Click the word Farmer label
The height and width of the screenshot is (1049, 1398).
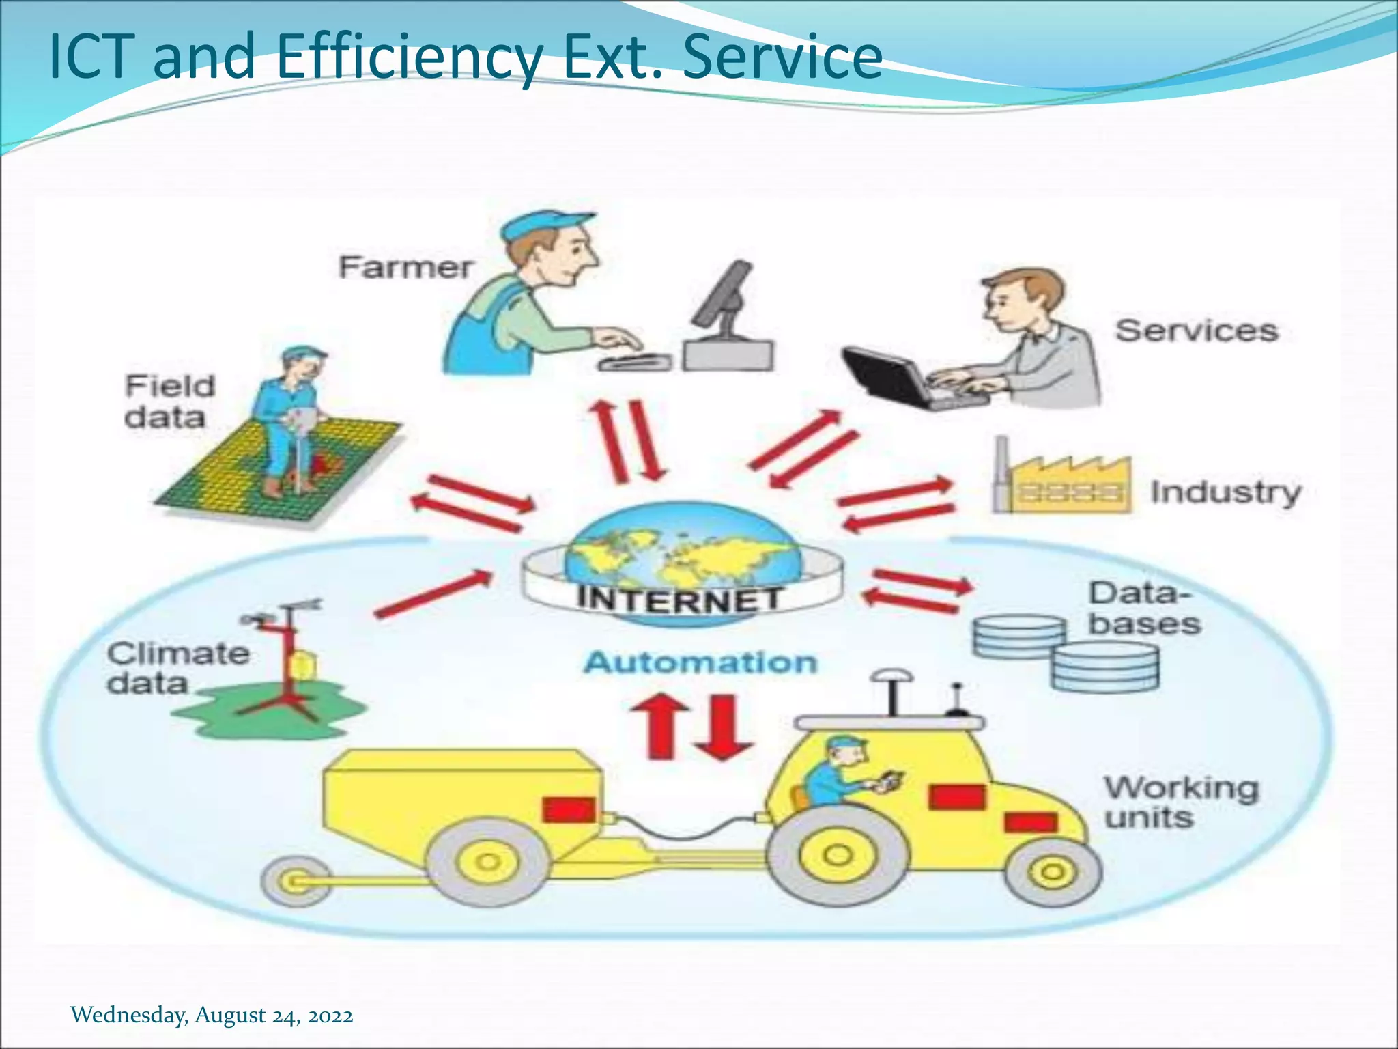click(x=405, y=267)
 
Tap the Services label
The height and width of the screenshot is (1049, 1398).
click(x=1196, y=331)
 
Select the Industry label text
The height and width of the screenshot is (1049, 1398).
click(x=1226, y=492)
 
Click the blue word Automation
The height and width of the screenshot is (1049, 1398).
click(x=700, y=662)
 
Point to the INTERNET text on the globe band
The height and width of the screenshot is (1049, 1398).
click(x=680, y=599)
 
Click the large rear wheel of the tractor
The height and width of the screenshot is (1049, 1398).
click(x=837, y=854)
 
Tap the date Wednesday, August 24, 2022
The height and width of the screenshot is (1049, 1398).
click(x=212, y=1015)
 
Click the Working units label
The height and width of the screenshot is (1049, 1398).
click(x=1181, y=802)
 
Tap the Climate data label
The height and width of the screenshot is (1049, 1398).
click(x=177, y=668)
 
